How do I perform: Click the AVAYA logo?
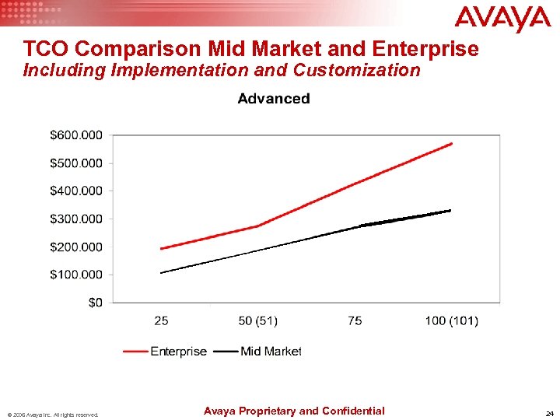502,19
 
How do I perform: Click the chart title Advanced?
273,99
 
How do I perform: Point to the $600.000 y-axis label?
75,135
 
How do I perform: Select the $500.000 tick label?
75,163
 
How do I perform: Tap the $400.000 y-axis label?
75,191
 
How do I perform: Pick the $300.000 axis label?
75,219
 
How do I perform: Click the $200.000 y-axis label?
75,247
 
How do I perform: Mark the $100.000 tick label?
75,275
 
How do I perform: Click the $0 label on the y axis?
94,303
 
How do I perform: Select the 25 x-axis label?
161,320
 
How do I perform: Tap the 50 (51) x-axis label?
257,320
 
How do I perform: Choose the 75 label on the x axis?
355,320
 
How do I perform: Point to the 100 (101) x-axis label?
451,320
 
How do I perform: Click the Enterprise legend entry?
178,352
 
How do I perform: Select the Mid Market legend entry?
270,352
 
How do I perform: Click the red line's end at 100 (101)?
451,143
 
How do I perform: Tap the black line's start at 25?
161,272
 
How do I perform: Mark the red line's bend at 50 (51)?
257,226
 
